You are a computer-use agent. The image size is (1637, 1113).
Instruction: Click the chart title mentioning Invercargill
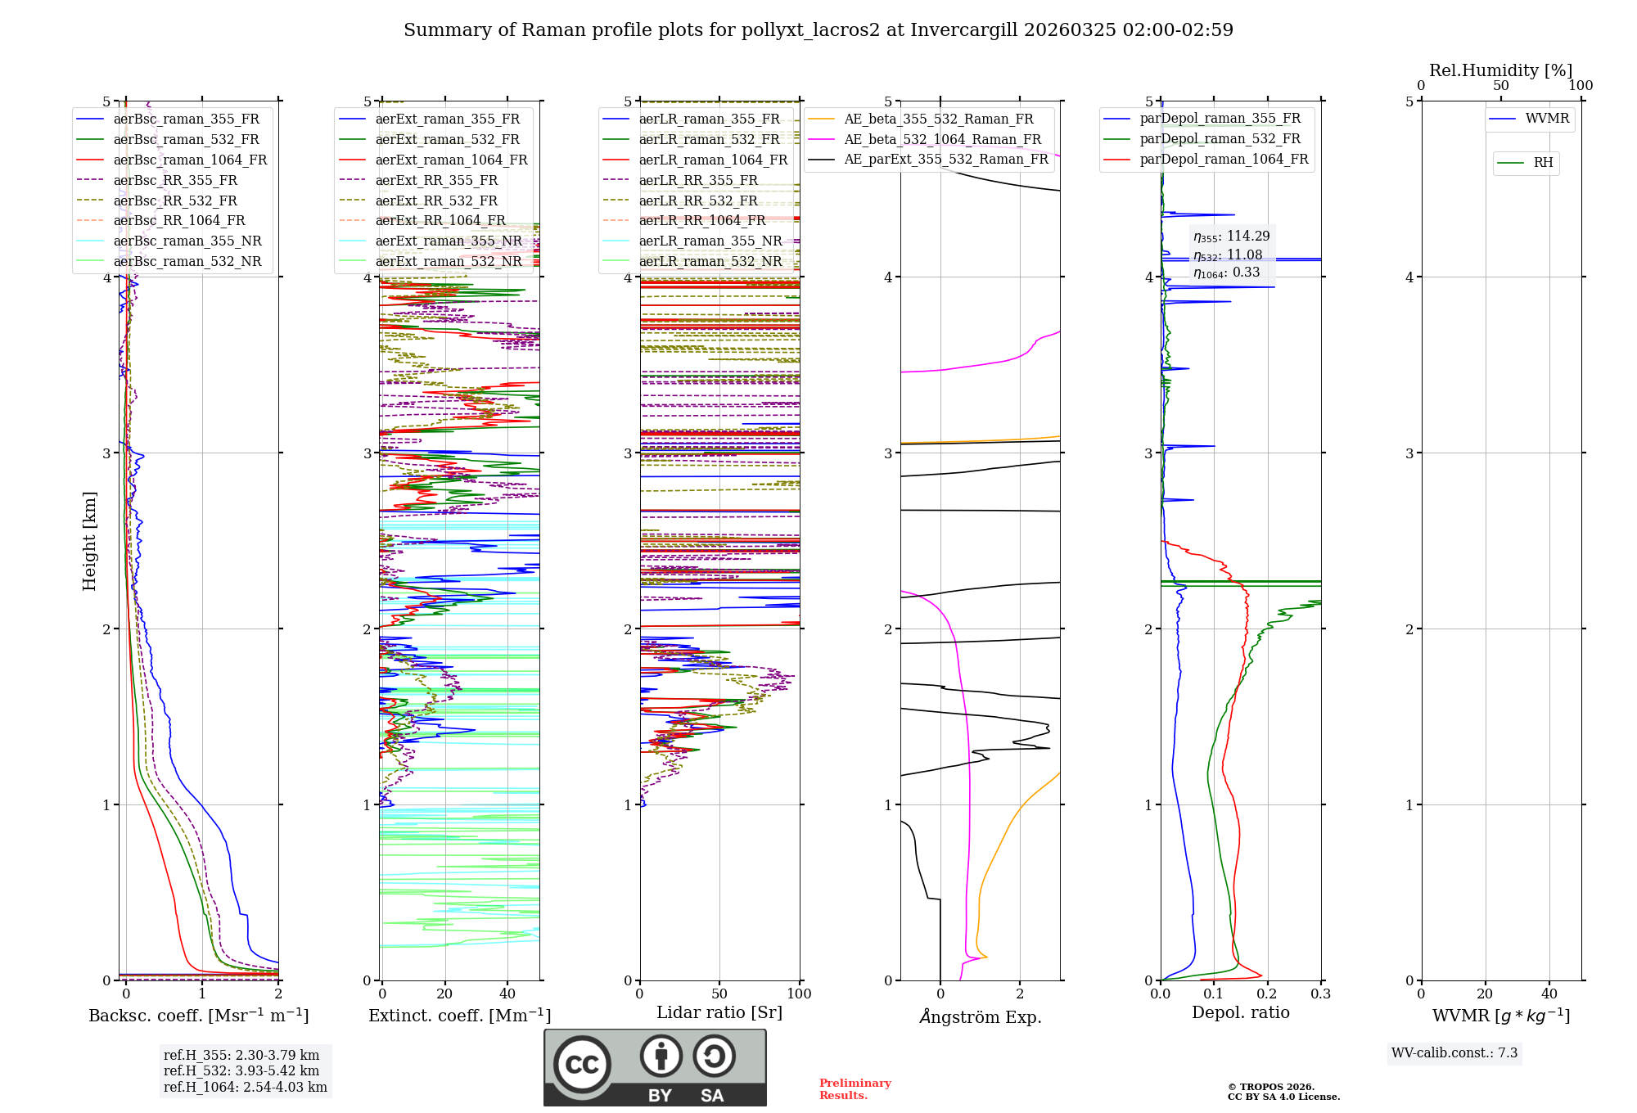click(x=818, y=30)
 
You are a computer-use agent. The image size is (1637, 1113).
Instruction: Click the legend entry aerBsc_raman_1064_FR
click(x=190, y=160)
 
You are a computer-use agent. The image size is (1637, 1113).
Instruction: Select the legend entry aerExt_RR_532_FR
click(x=436, y=201)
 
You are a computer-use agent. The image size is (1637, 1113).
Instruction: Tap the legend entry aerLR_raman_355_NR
click(x=710, y=241)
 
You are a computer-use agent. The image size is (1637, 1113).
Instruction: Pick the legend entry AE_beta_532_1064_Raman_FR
click(x=942, y=139)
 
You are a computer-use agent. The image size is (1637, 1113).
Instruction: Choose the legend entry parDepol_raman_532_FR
click(x=1220, y=138)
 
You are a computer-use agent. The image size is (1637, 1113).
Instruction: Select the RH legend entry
click(x=1543, y=163)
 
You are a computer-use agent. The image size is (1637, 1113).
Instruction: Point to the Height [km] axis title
click(x=89, y=541)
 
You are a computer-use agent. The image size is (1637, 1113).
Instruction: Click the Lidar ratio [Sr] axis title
click(x=719, y=1012)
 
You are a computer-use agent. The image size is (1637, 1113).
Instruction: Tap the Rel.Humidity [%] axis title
click(x=1500, y=70)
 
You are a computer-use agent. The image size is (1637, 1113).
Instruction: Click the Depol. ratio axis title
click(x=1240, y=1012)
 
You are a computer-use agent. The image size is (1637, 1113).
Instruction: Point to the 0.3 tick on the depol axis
click(x=1320, y=994)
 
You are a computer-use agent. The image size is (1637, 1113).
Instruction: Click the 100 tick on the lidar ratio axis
click(x=799, y=994)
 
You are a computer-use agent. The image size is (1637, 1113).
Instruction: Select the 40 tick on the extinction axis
click(x=507, y=994)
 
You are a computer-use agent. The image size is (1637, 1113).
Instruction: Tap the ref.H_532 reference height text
click(x=241, y=1070)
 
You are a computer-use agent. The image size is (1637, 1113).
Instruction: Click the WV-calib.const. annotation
click(x=1454, y=1053)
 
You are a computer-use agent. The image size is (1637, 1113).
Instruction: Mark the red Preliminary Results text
click(x=855, y=1089)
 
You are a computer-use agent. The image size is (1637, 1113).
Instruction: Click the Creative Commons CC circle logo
click(x=582, y=1064)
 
